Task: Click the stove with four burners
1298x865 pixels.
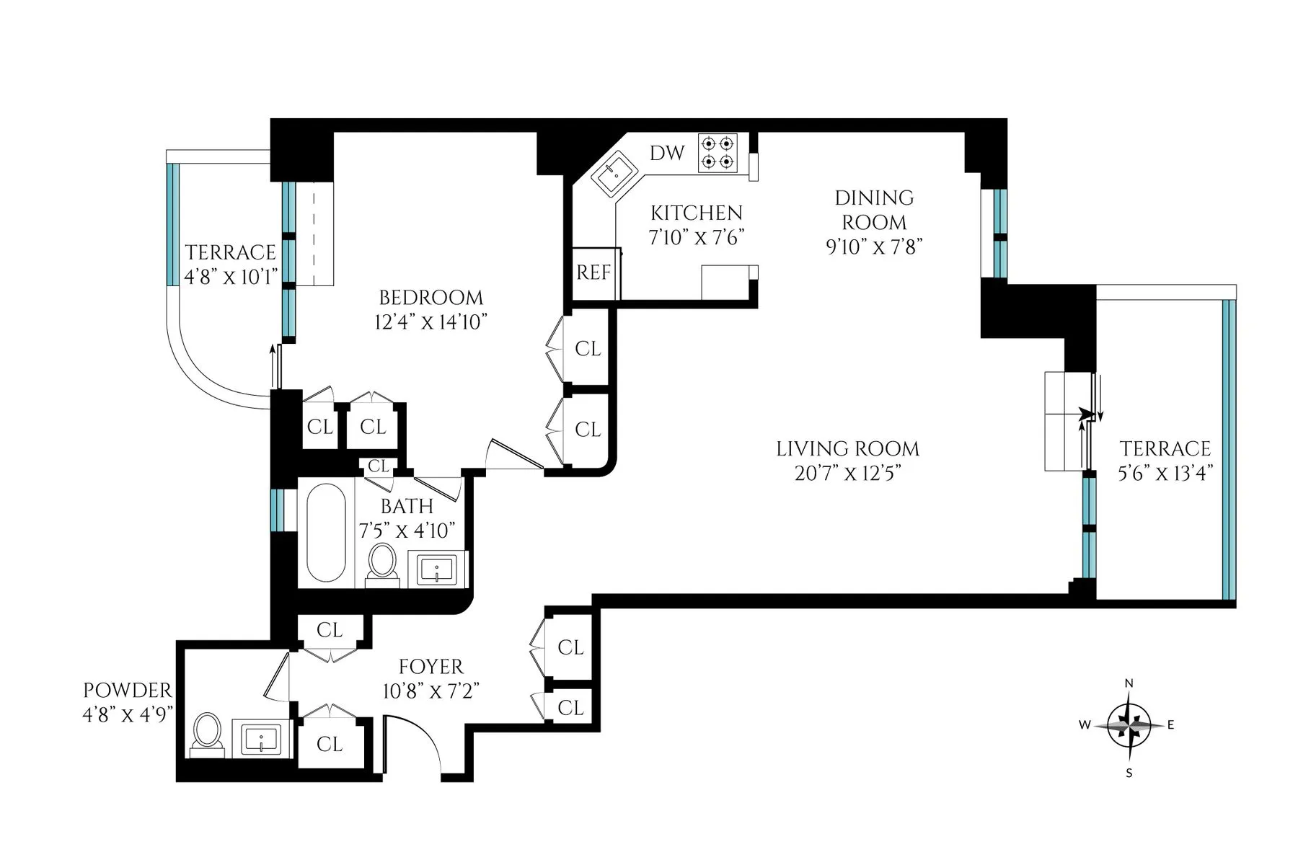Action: click(718, 154)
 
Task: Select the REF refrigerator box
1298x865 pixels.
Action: click(593, 272)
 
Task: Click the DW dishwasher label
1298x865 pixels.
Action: click(667, 153)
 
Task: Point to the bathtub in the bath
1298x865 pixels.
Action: click(327, 533)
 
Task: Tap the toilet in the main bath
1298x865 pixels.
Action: click(382, 562)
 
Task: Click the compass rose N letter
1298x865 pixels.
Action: click(1129, 683)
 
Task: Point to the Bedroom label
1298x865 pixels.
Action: click(431, 298)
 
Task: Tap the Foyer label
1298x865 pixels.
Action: click(431, 667)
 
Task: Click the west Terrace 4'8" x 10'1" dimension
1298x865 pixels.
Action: click(231, 277)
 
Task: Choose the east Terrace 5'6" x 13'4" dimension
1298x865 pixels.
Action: click(1165, 473)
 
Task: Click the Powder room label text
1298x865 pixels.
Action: click(128, 691)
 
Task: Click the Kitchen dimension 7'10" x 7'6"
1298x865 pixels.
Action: click(696, 237)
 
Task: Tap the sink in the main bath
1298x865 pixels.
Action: click(438, 569)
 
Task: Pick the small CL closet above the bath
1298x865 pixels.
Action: click(378, 466)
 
